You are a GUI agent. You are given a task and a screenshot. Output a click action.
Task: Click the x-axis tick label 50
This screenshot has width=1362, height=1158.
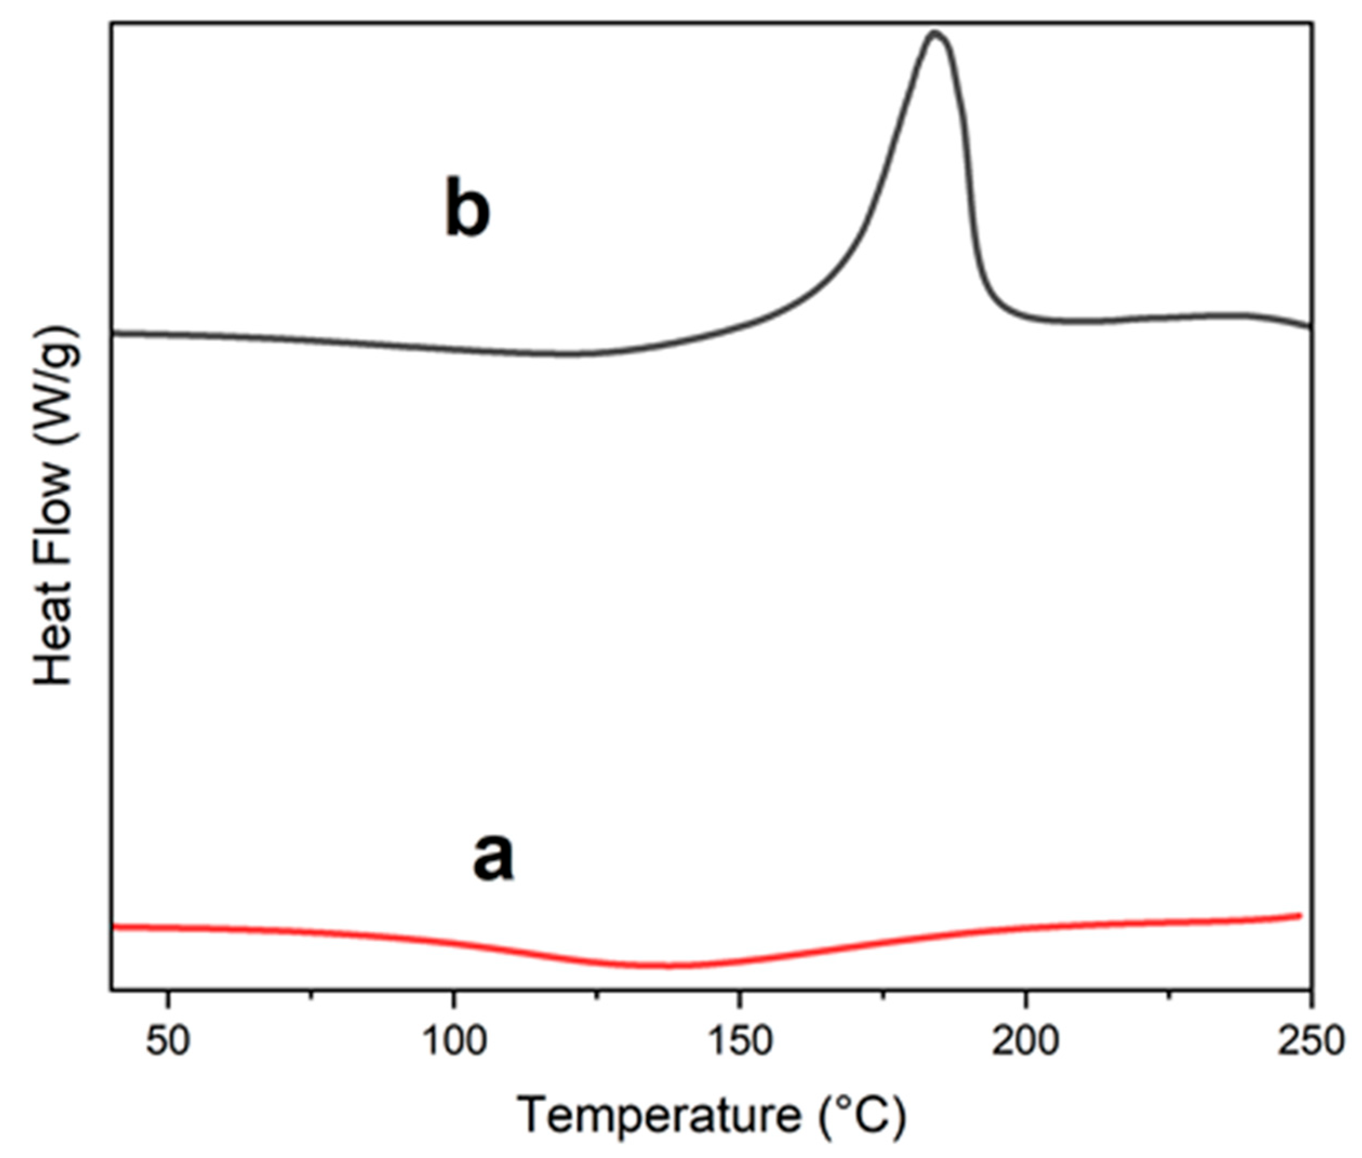click(x=168, y=1042)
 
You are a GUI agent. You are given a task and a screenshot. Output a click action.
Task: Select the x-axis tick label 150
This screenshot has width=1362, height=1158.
click(x=740, y=1042)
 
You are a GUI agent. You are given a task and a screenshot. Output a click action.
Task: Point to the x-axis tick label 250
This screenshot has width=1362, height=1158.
click(x=1310, y=1042)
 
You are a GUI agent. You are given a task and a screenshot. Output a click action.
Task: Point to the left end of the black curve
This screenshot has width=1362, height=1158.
click(x=113, y=333)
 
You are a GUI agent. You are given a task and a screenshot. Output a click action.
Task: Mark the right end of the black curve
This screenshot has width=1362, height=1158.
click(x=1311, y=326)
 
